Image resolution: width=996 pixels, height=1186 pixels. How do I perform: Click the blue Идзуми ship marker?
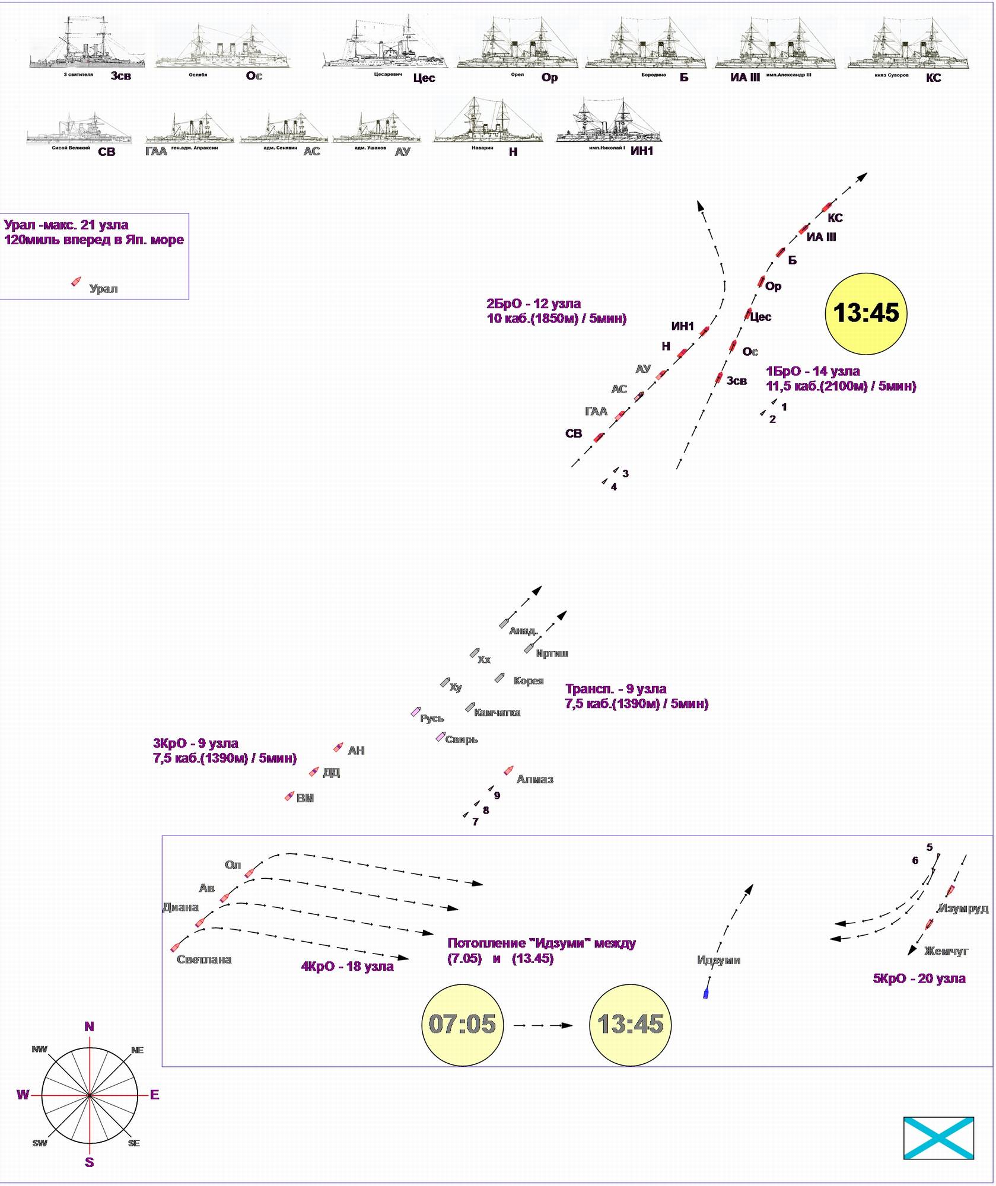[706, 994]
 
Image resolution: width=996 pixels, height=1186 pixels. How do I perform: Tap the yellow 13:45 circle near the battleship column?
[866, 313]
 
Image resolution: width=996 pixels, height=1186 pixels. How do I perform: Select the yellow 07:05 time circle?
[462, 1024]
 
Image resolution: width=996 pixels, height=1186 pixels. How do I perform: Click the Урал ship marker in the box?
[76, 281]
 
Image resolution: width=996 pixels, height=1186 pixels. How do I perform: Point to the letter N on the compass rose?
[90, 1026]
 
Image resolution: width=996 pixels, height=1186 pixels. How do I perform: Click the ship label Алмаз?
[534, 779]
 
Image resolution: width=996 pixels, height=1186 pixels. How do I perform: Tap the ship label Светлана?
[204, 959]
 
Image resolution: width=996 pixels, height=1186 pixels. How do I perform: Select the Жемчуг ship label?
[946, 951]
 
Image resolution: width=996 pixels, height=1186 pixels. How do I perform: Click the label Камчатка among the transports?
[497, 713]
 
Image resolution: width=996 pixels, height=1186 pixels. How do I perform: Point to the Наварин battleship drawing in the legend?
[488, 122]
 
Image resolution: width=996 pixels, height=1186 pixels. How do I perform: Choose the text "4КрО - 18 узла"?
[347, 967]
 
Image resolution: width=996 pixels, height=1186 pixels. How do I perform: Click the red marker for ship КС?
[826, 208]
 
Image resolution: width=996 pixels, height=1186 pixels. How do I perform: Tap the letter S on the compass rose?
[90, 1162]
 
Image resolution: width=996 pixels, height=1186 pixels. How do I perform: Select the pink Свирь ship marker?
[440, 737]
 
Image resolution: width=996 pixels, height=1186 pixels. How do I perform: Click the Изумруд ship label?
[963, 908]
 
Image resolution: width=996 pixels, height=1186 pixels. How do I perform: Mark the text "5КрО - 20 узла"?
[919, 978]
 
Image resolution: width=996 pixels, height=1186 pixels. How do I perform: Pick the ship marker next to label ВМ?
[289, 796]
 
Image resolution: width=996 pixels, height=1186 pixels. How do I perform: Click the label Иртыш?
[552, 653]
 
